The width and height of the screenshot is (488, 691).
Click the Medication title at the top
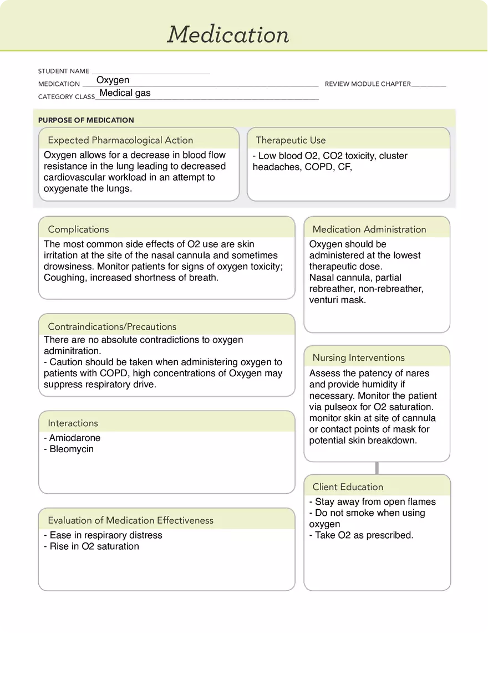pyautogui.click(x=228, y=34)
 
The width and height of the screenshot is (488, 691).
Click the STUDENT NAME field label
pyautogui.click(x=63, y=71)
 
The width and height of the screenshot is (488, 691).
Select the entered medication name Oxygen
pyautogui.click(x=113, y=80)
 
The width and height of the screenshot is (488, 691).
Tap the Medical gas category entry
pyautogui.click(x=125, y=93)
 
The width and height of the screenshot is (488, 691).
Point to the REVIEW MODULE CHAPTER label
pyautogui.click(x=368, y=84)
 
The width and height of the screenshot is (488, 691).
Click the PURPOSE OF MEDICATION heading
pyautogui.click(x=86, y=120)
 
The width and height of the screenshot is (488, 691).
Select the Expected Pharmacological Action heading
pyautogui.click(x=120, y=140)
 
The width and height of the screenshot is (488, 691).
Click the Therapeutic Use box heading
pyautogui.click(x=291, y=140)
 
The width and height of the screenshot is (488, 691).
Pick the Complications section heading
pyautogui.click(x=78, y=229)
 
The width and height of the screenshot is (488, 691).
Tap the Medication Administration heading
pyautogui.click(x=369, y=229)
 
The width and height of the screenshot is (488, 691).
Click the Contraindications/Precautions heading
pyautogui.click(x=112, y=327)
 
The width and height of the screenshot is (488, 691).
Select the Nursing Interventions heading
pyautogui.click(x=358, y=358)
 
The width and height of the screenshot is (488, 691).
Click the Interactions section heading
pyautogui.click(x=73, y=423)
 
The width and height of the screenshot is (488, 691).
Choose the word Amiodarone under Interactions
pyautogui.click(x=75, y=438)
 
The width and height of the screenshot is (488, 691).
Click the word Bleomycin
pyautogui.click(x=72, y=449)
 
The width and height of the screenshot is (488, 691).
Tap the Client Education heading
pyautogui.click(x=348, y=487)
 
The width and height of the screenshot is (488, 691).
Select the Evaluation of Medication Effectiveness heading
pyautogui.click(x=130, y=520)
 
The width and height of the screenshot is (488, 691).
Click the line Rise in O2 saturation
pyautogui.click(x=94, y=546)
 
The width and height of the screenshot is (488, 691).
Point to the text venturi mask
pyautogui.click(x=337, y=300)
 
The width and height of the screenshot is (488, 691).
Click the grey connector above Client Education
pyautogui.click(x=377, y=468)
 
